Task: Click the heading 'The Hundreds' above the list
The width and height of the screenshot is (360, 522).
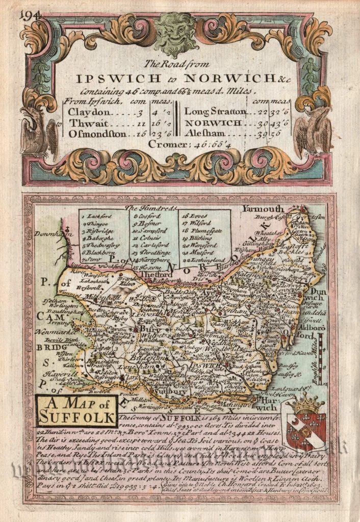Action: (x=151, y=208)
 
